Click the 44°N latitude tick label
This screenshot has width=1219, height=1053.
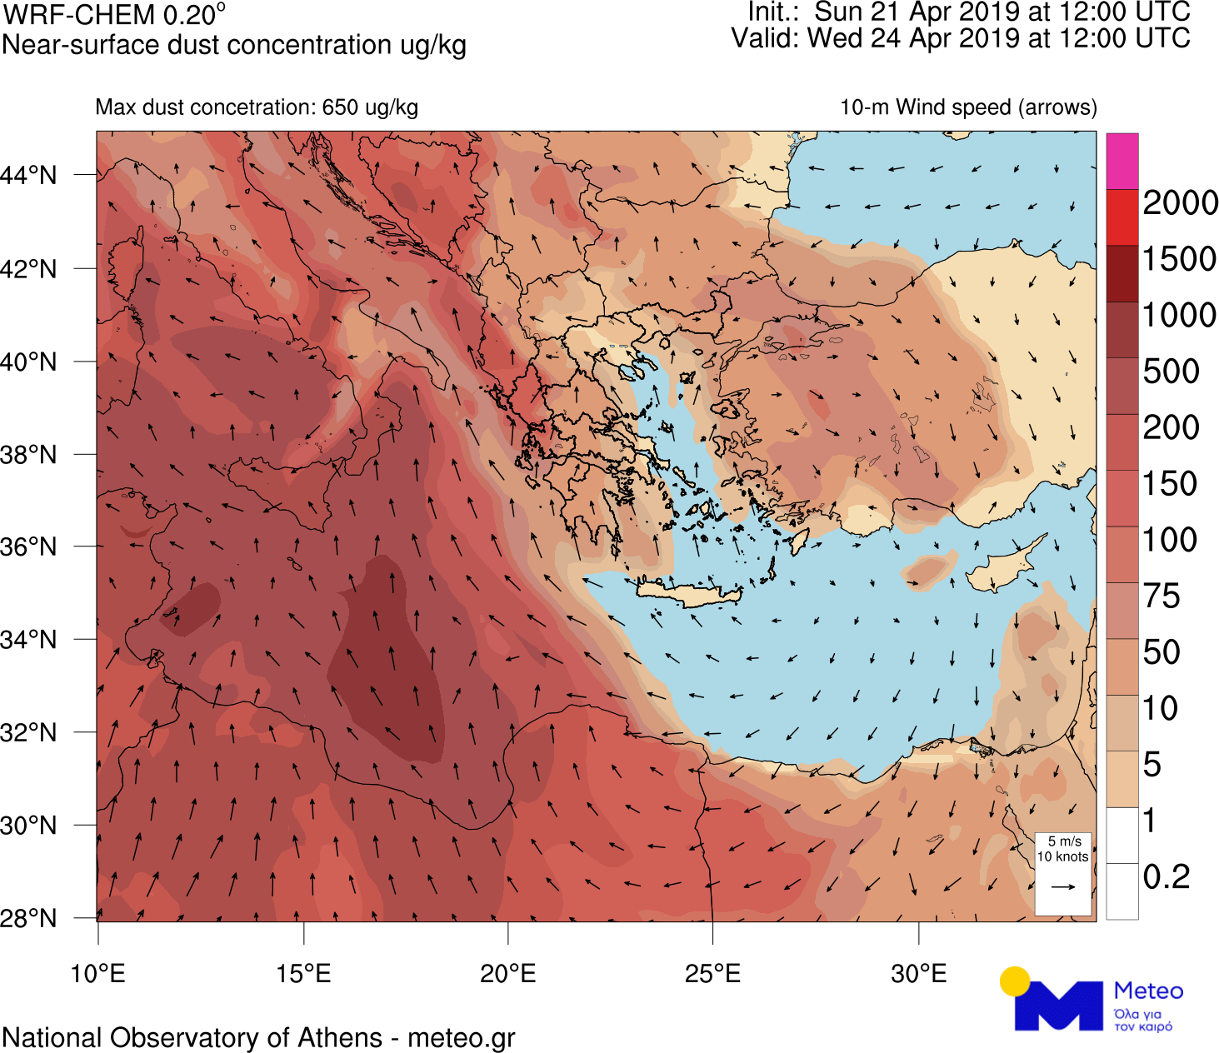coord(29,176)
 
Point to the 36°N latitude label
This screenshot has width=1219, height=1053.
coord(29,547)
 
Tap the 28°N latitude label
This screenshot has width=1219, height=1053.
coord(29,919)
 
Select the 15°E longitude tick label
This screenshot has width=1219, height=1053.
coord(303,973)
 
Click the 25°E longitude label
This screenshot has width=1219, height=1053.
coord(712,973)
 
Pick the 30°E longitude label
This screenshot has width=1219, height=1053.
coord(918,973)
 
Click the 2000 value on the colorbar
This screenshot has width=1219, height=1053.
coord(1180,203)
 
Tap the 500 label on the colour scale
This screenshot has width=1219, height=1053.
coord(1171,372)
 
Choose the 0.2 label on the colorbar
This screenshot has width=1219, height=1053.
coord(1167,877)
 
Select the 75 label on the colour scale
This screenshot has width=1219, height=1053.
coord(1162,596)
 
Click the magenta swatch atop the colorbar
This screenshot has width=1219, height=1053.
coord(1122,161)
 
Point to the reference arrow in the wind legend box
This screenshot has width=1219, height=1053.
coord(1063,886)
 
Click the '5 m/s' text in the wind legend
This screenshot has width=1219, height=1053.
coord(1064,841)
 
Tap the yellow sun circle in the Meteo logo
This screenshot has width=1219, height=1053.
coord(1015,981)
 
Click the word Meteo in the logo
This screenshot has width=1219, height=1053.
coord(1148,991)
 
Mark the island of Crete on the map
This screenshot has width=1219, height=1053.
coord(688,594)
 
